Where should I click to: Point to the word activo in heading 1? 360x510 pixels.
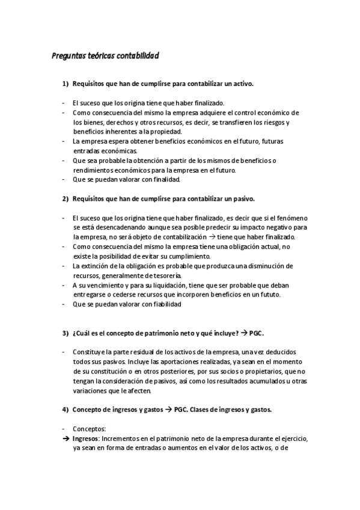tap(242, 84)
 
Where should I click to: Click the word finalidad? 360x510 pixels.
tap(162, 179)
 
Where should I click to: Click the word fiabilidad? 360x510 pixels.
tap(163, 304)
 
